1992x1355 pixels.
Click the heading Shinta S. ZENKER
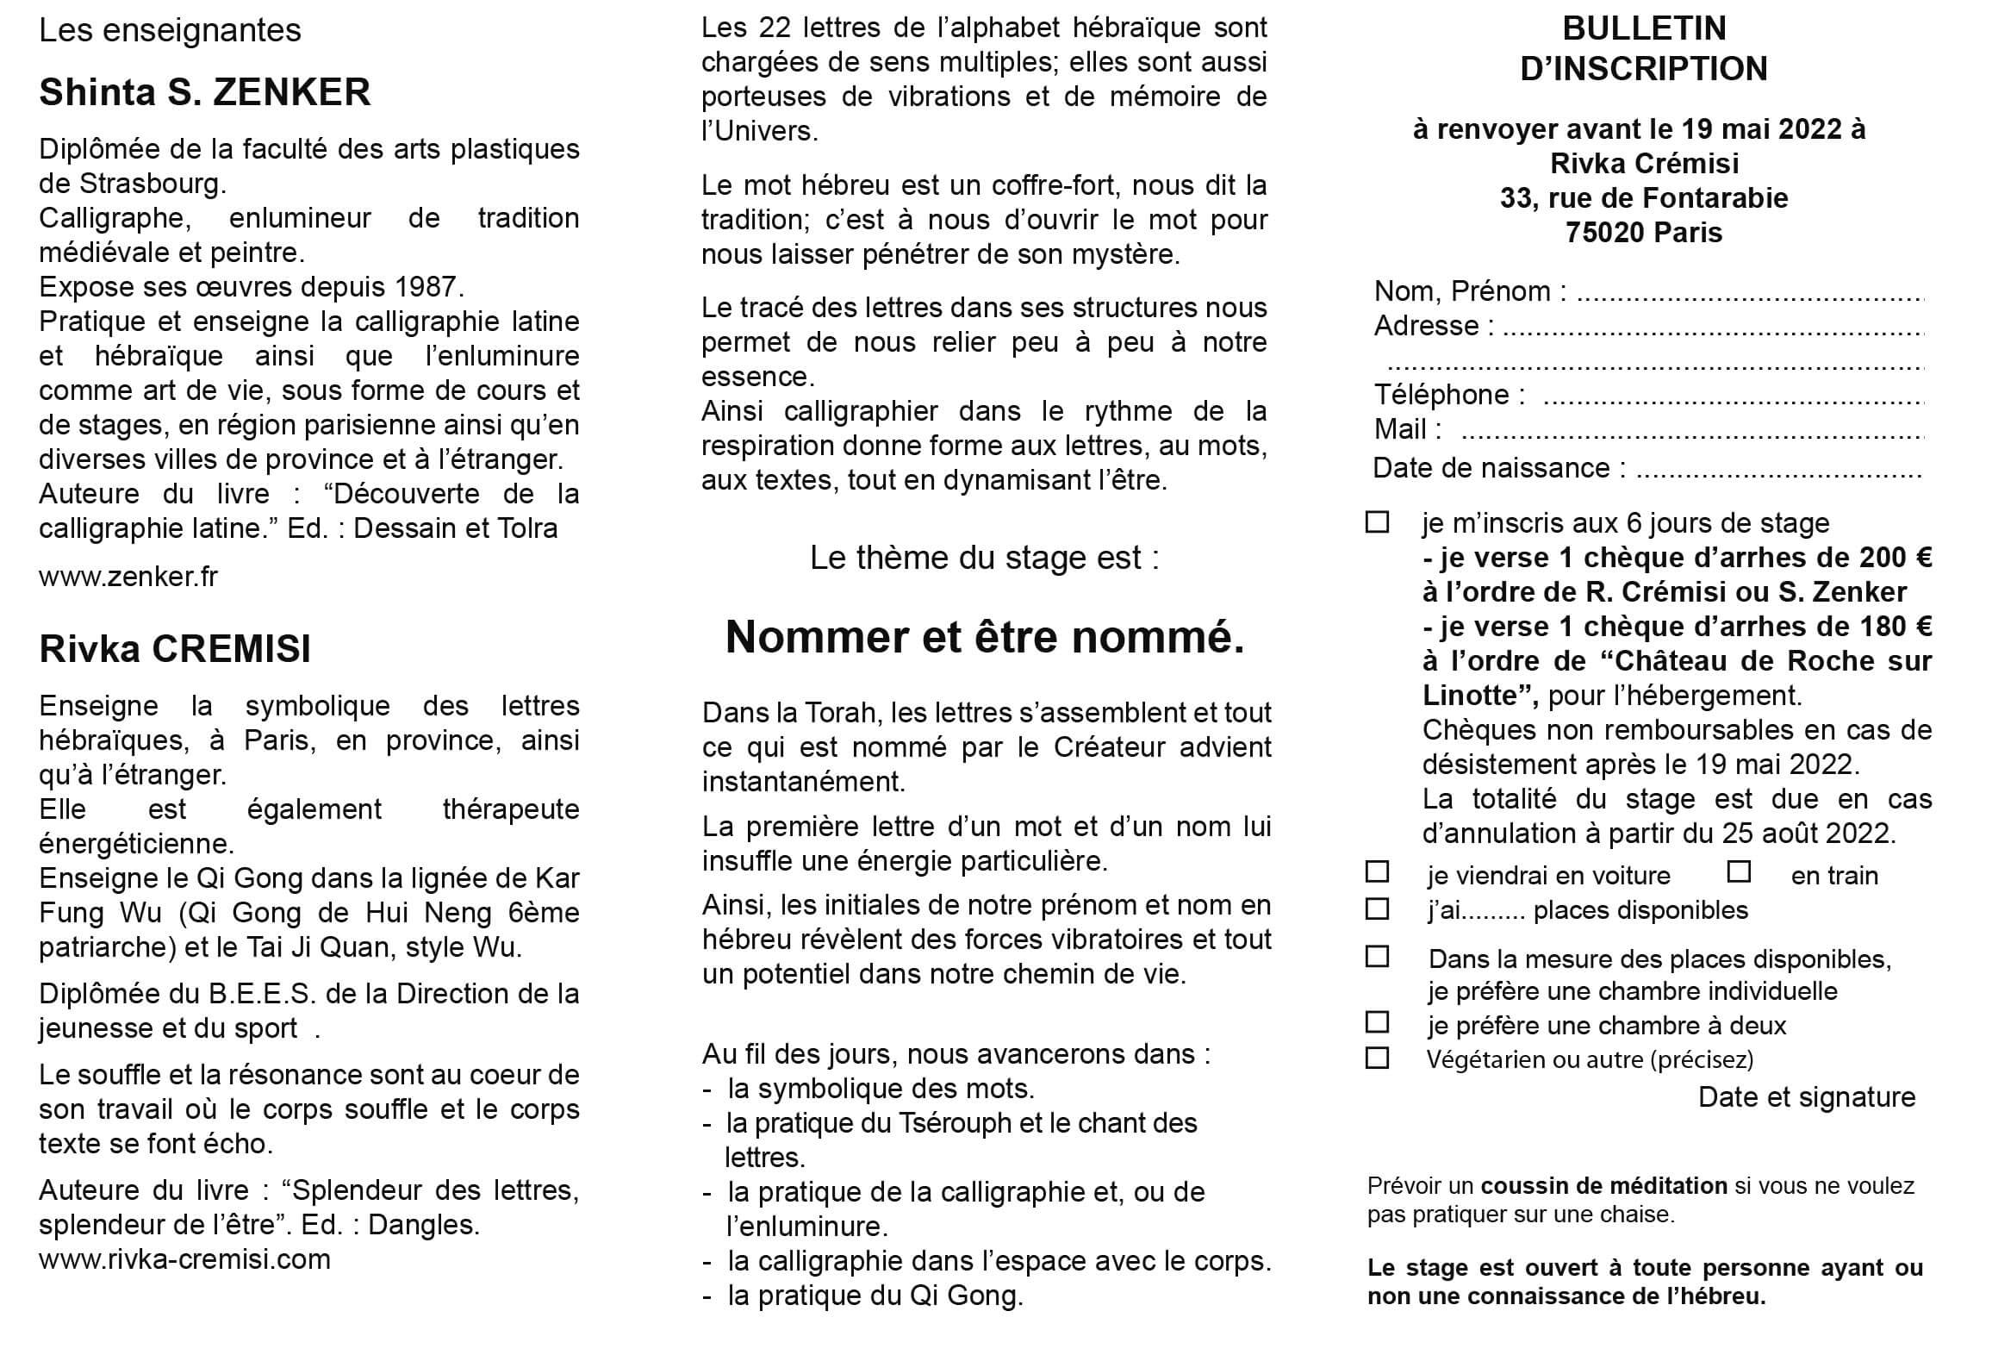(x=205, y=92)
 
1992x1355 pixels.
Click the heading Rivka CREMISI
(x=175, y=649)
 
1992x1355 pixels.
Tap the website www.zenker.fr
(x=128, y=576)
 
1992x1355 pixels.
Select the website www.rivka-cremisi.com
(x=184, y=1258)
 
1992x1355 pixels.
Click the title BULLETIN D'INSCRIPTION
(x=1644, y=48)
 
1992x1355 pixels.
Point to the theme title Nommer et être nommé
(x=985, y=637)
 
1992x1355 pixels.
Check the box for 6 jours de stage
(x=1378, y=522)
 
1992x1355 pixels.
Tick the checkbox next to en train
(x=1739, y=872)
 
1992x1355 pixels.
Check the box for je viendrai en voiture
(x=1378, y=872)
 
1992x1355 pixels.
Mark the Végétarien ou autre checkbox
(x=1378, y=1058)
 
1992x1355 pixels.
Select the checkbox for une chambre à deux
(x=1378, y=1022)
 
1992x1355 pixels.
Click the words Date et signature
(x=1807, y=1097)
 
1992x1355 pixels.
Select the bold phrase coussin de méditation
(x=1603, y=1186)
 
